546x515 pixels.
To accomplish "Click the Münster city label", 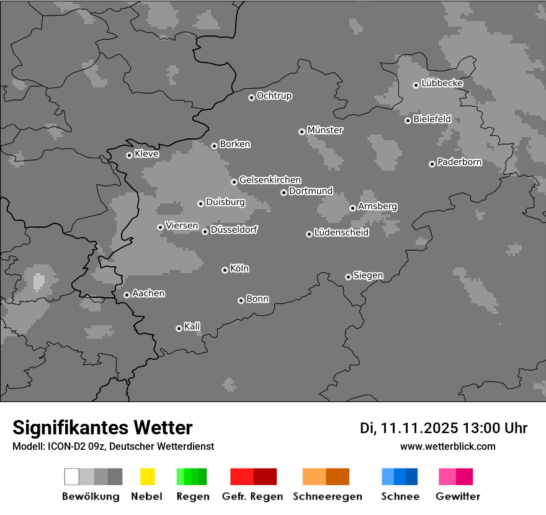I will pyautogui.click(x=325, y=130).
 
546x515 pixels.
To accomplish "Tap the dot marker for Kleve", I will pyautogui.click(x=129, y=155).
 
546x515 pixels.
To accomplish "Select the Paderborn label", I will pyautogui.click(x=459, y=162).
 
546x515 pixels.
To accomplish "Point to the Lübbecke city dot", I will pyautogui.click(x=416, y=85).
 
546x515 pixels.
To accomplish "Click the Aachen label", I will pyautogui.click(x=148, y=293).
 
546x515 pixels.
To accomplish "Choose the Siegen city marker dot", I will pyautogui.click(x=348, y=277).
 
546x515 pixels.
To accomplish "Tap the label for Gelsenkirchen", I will pyautogui.click(x=270, y=180).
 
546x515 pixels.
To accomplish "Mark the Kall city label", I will pyautogui.click(x=192, y=326).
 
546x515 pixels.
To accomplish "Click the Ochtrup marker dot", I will pyautogui.click(x=251, y=97).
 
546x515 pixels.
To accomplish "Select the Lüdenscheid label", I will pyautogui.click(x=341, y=233).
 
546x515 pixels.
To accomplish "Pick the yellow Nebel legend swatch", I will pyautogui.click(x=147, y=477).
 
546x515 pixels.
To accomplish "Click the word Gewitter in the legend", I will pyautogui.click(x=458, y=496).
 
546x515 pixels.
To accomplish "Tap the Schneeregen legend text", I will pyautogui.click(x=328, y=496).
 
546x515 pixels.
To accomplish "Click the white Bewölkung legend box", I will pyautogui.click(x=72, y=477).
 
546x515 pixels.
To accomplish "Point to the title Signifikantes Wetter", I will pyautogui.click(x=102, y=428).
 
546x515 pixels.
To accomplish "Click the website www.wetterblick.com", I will pyautogui.click(x=447, y=446).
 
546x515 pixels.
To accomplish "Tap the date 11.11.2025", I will pyautogui.click(x=419, y=428).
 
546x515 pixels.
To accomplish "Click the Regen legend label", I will pyautogui.click(x=191, y=496).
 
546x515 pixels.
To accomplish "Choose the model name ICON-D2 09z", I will pyautogui.click(x=77, y=446).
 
